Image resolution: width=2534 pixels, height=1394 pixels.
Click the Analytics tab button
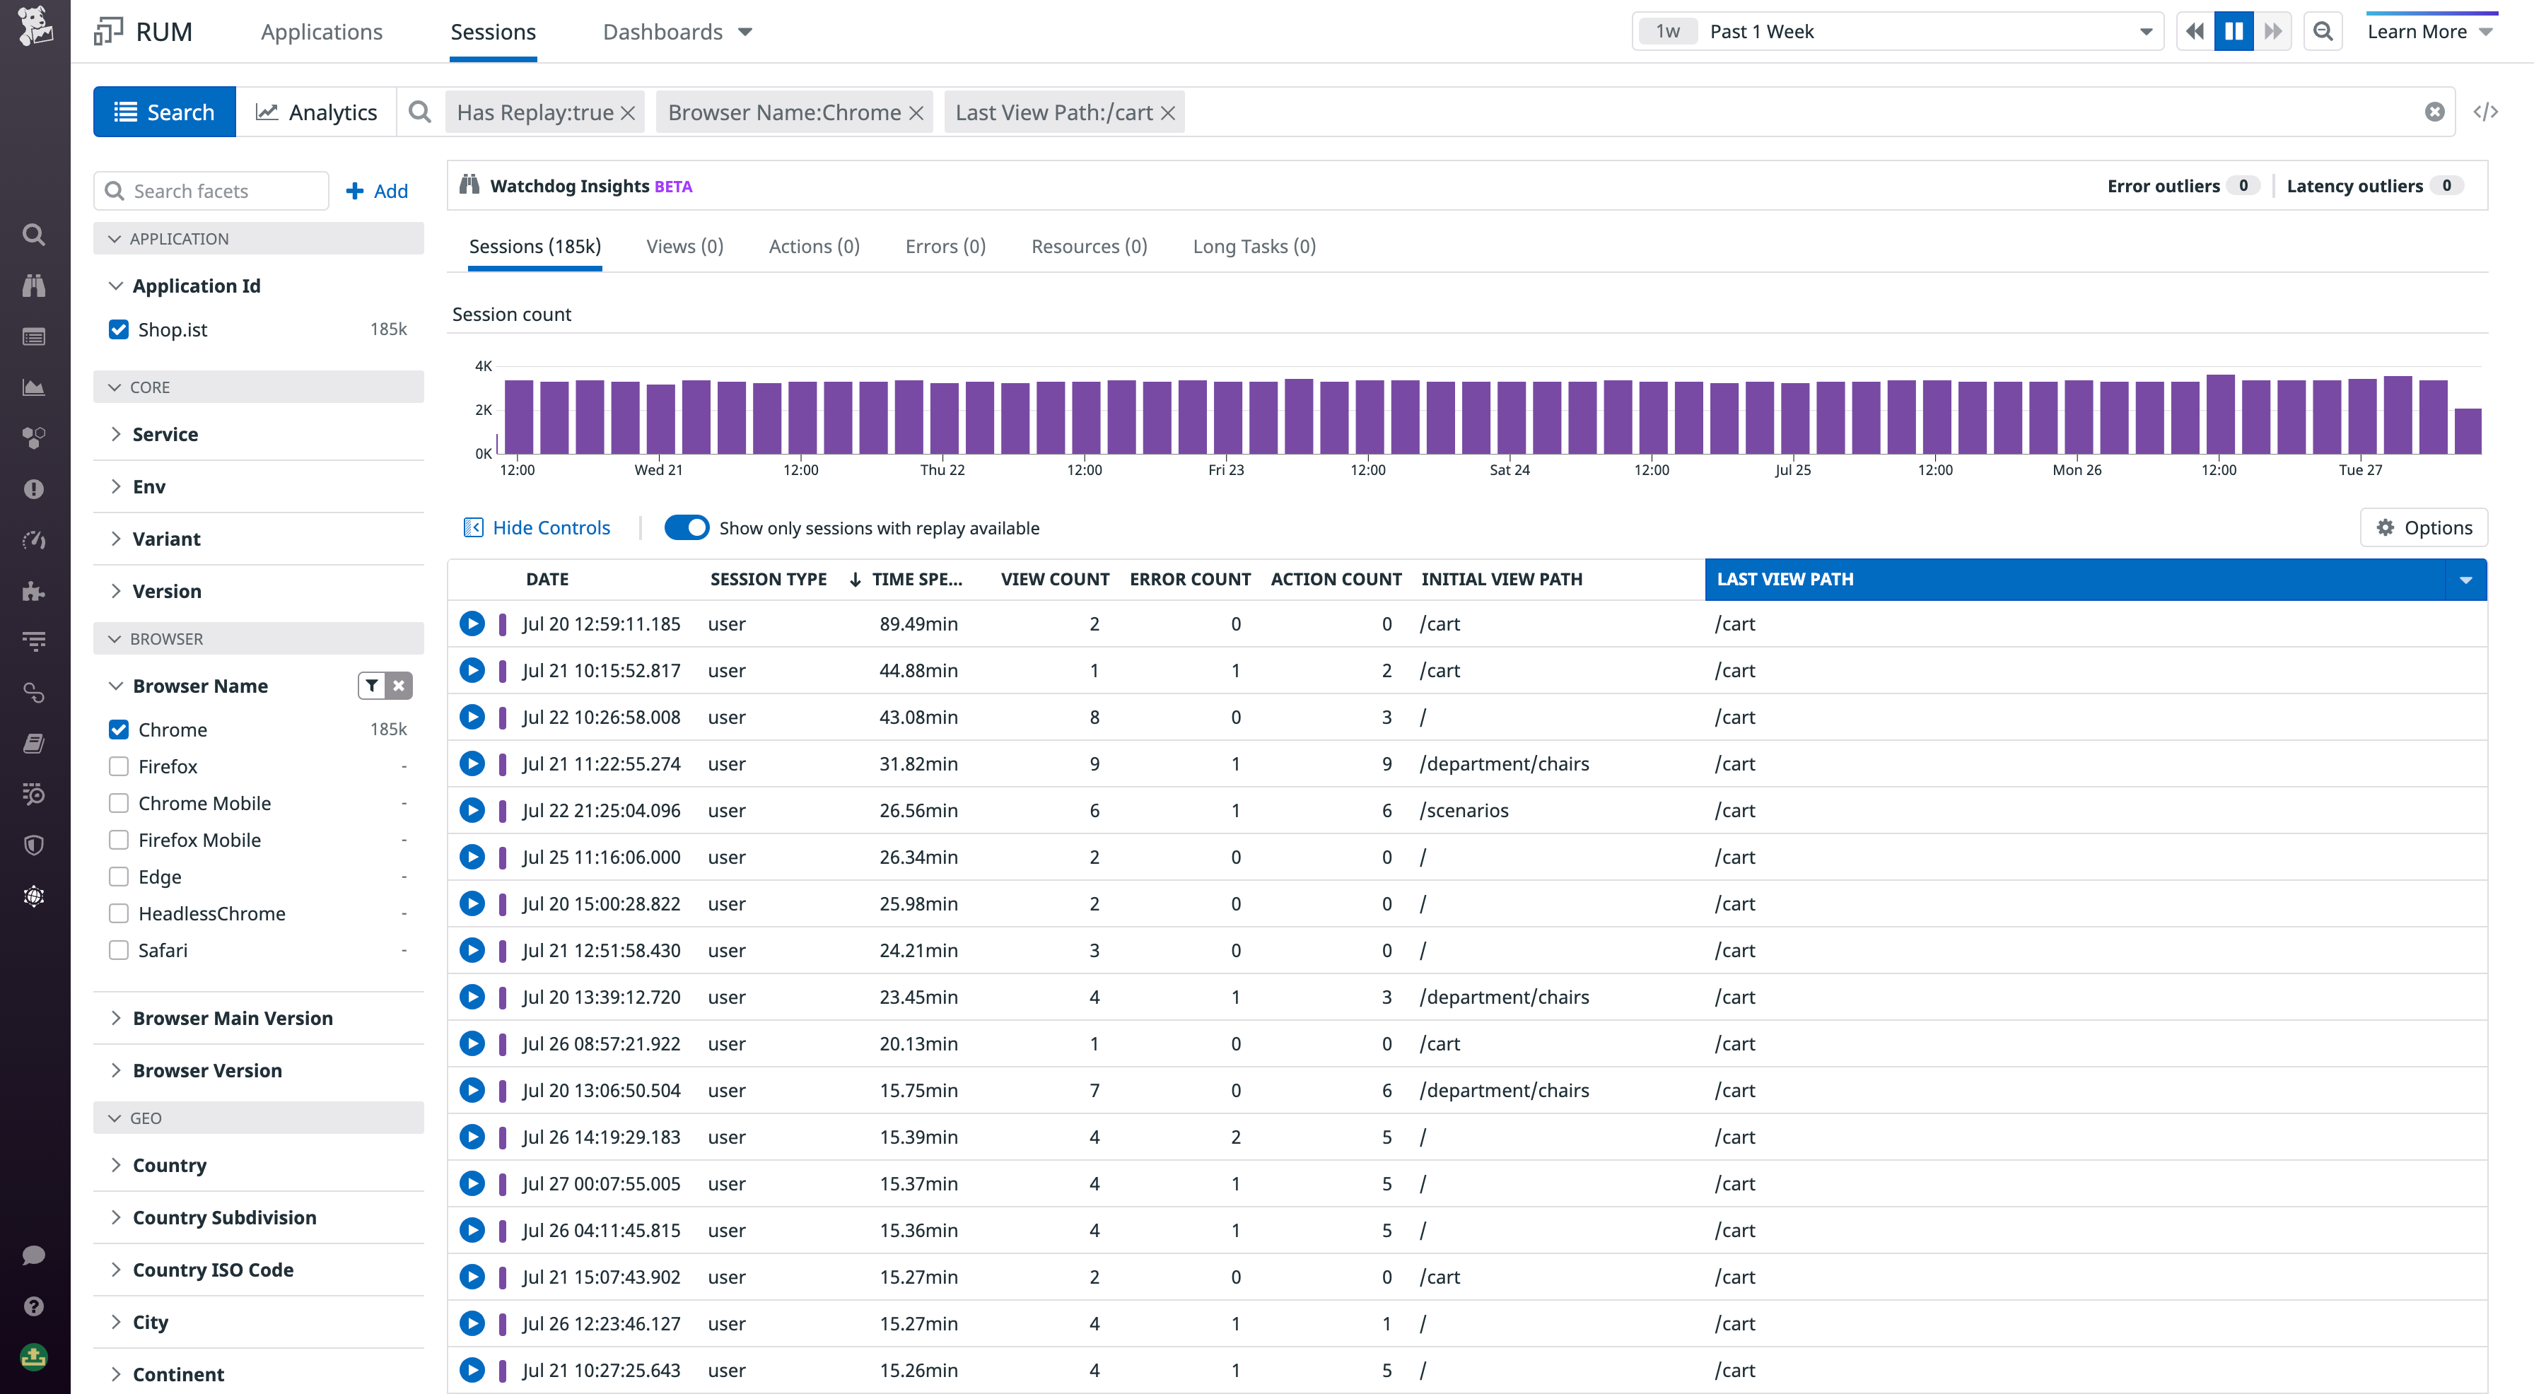coord(316,112)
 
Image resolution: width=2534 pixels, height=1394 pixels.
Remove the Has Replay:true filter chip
coord(628,113)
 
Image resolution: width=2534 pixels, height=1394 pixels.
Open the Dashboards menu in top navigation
coord(677,32)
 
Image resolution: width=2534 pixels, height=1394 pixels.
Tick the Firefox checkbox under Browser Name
coord(119,766)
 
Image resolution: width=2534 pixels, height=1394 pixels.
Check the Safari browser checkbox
coord(119,950)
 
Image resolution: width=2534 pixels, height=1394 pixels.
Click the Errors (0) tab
coord(945,246)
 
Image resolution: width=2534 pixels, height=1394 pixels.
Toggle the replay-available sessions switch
coord(686,528)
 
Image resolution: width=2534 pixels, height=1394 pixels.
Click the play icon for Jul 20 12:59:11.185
coord(472,623)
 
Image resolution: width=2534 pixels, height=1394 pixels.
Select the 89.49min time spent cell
coord(918,623)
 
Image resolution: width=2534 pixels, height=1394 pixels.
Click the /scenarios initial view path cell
coord(1464,811)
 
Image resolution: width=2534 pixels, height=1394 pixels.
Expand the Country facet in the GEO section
coord(169,1165)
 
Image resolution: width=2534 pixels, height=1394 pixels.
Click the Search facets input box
coord(221,191)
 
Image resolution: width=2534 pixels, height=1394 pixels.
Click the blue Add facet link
coord(378,191)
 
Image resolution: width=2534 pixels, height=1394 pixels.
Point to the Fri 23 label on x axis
coord(1226,470)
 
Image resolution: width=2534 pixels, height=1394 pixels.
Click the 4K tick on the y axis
coord(483,366)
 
